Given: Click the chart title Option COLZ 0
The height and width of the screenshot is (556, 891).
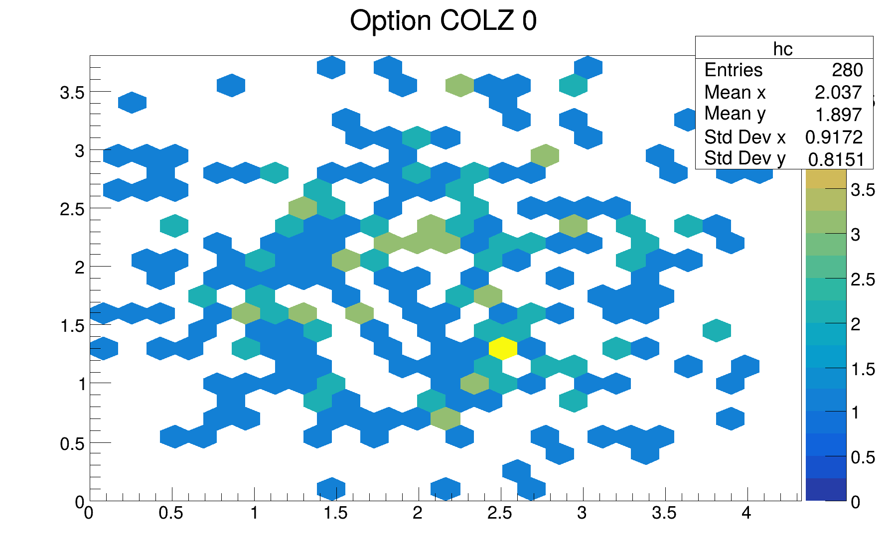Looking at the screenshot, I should (443, 21).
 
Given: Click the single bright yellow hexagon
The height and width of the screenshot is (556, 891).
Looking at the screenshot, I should (503, 348).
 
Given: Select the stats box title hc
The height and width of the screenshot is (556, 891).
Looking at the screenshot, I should (783, 49).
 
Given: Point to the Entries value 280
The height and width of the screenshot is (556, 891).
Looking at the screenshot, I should (847, 70).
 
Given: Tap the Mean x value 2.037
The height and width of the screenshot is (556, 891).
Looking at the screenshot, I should (838, 93).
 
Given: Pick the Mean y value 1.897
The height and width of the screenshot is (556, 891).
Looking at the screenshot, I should (838, 115).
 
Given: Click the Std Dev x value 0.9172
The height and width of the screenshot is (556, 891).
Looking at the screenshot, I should (834, 137).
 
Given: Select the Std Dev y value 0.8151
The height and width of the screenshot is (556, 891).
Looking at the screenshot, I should (836, 159).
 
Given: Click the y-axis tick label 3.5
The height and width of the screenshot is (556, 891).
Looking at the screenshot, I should (72, 93).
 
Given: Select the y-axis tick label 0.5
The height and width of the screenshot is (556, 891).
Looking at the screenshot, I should (72, 443).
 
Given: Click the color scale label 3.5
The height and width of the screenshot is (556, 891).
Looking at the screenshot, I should (863, 190).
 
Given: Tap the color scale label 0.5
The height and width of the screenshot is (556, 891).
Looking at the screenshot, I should (863, 457).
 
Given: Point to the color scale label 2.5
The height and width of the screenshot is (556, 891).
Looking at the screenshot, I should (863, 279).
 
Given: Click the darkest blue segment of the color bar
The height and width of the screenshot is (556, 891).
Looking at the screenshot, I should (826, 489).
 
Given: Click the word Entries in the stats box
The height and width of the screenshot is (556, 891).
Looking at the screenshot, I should (733, 70).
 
